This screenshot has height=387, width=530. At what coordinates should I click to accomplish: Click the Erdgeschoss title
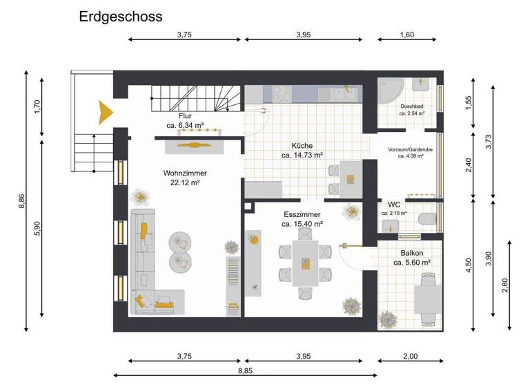click(x=120, y=16)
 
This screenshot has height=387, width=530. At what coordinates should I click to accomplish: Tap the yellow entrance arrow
click(x=105, y=112)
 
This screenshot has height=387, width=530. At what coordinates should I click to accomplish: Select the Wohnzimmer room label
click(x=185, y=173)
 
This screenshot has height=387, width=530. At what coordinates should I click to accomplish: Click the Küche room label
click(x=302, y=146)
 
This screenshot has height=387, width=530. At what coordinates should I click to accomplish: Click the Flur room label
click(x=185, y=116)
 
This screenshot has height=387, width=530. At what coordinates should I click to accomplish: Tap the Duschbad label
click(x=412, y=106)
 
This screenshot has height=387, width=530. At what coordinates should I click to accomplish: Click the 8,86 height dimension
click(x=22, y=200)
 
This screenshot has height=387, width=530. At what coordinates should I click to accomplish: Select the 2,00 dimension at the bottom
click(x=410, y=356)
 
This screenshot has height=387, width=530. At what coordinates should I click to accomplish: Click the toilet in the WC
click(x=427, y=219)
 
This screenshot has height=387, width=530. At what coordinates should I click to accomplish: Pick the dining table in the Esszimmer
click(x=304, y=263)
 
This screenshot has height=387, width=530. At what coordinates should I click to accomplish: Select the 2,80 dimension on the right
click(x=505, y=285)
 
